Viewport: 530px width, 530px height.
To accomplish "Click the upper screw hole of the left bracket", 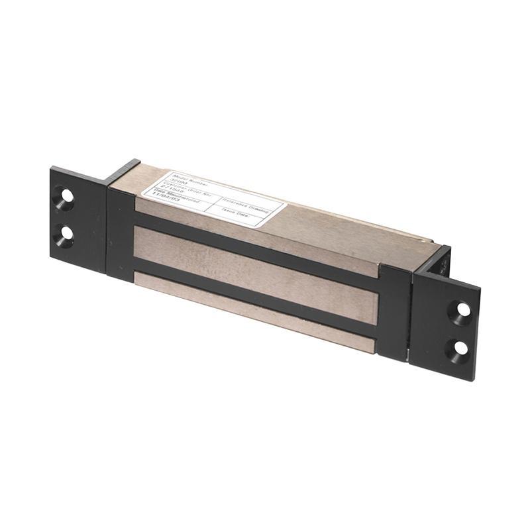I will [66, 197].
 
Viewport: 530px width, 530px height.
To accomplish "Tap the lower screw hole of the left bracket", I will [65, 237].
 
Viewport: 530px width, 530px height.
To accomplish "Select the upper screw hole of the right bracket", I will [462, 309].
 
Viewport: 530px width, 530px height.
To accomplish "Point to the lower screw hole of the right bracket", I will [460, 347].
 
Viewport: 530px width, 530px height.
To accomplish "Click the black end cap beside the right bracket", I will [394, 311].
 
